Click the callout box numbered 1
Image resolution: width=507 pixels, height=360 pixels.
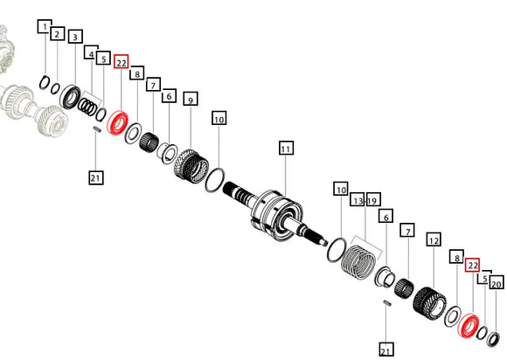pyautogui.click(x=45, y=26)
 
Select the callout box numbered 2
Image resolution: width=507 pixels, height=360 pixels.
pyautogui.click(x=57, y=34)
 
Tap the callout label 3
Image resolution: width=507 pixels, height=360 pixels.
pyautogui.click(x=75, y=37)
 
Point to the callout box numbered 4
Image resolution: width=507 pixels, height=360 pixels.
pyautogui.click(x=91, y=52)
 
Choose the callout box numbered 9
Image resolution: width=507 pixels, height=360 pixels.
pyautogui.click(x=191, y=99)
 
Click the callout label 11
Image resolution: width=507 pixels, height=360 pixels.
pyautogui.click(x=286, y=148)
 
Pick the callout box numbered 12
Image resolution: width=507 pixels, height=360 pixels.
pyautogui.click(x=434, y=239)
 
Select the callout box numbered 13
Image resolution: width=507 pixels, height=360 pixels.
pyautogui.click(x=358, y=199)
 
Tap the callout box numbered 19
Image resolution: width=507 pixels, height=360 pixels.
pyautogui.click(x=372, y=199)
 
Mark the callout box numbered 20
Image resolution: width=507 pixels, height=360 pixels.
pyautogui.click(x=497, y=283)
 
